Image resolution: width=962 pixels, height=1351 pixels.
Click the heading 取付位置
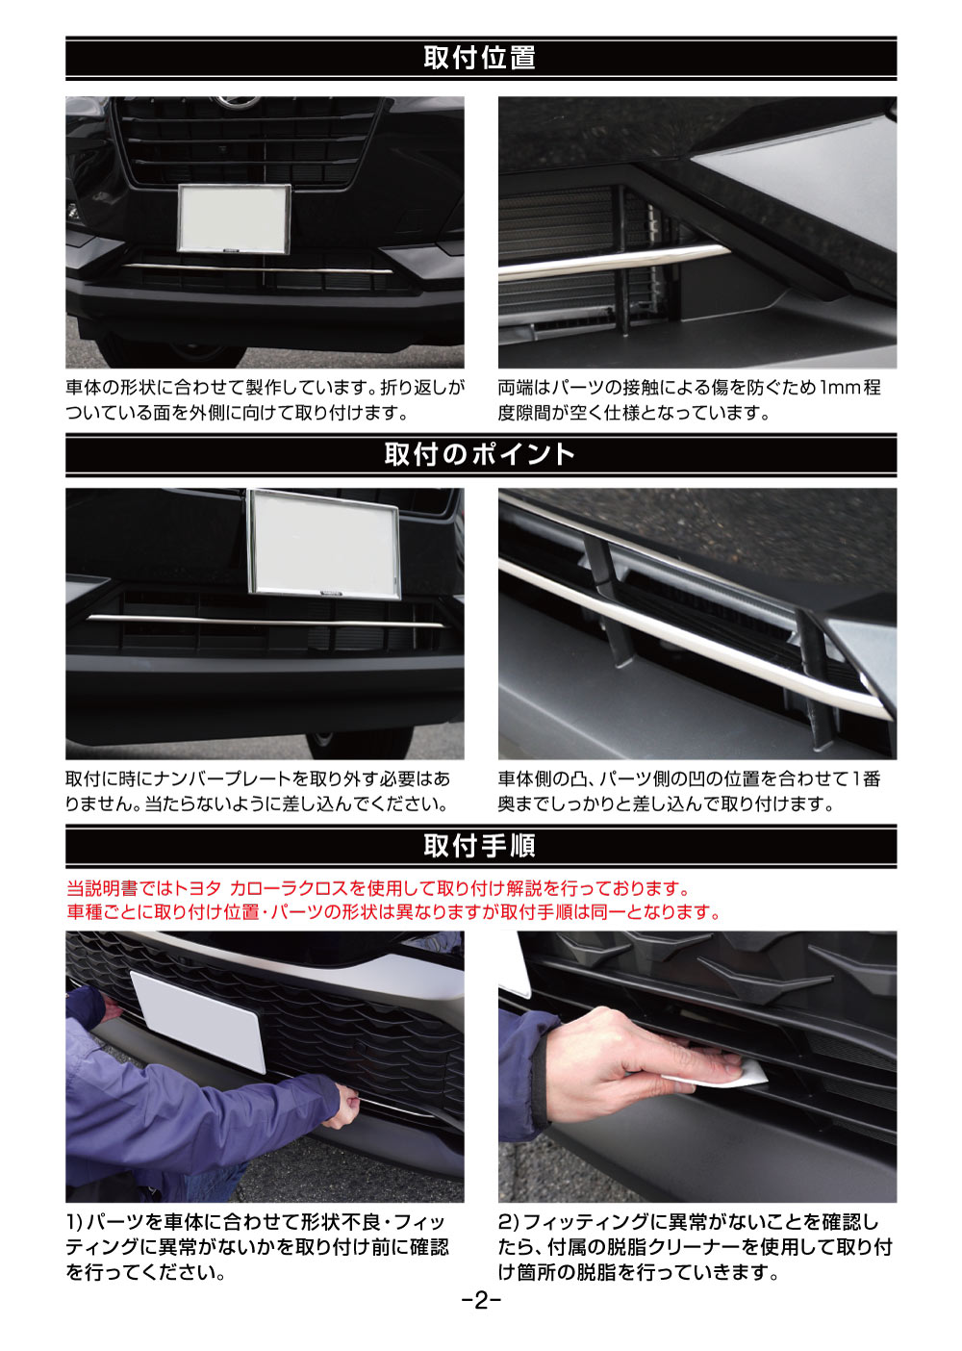[480, 58]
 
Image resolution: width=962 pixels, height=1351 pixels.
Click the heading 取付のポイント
[480, 454]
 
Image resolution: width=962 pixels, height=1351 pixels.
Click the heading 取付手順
[480, 846]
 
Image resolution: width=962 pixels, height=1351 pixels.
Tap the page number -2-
[480, 1301]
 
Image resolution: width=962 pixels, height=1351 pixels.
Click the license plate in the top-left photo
[234, 219]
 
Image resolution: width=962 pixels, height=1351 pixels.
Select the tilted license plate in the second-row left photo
[324, 544]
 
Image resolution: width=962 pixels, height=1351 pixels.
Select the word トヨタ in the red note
[197, 888]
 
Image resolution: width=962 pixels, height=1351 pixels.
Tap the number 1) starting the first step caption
[75, 1222]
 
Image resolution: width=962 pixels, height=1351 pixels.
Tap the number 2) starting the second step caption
[509, 1222]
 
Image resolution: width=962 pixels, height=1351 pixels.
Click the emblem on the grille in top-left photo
[238, 103]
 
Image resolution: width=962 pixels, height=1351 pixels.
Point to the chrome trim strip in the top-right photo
[616, 262]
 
